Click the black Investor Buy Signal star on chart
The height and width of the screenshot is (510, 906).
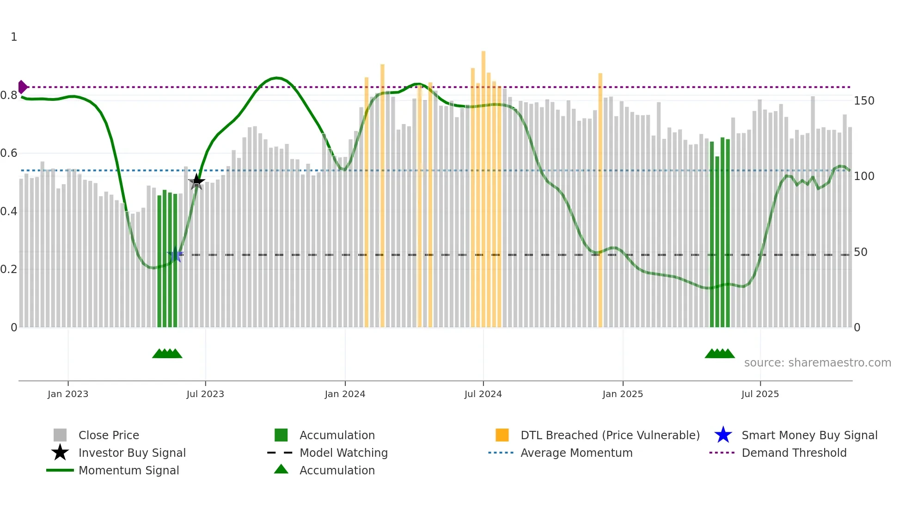[x=196, y=181]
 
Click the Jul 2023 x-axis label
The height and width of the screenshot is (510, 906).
[x=205, y=394]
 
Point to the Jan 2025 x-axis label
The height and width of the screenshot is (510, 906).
[x=623, y=394]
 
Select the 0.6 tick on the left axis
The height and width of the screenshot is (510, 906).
[x=8, y=153]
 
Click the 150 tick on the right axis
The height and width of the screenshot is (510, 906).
[x=863, y=101]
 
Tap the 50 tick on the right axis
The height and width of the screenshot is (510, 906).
[x=860, y=252]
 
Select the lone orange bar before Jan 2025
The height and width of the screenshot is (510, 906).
[x=600, y=199]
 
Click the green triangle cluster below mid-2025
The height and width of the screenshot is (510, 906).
[x=719, y=354]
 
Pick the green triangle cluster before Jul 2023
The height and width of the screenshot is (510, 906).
[x=167, y=354]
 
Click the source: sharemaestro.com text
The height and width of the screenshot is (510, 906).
[x=817, y=363]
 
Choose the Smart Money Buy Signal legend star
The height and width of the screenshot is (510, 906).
[x=723, y=435]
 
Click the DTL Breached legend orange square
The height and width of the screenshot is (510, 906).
[x=502, y=435]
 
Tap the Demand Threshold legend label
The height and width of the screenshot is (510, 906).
[x=794, y=453]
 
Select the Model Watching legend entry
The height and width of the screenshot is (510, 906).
[x=343, y=453]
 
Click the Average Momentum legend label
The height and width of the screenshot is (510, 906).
[x=576, y=453]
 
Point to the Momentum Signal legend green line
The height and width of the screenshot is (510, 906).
[x=60, y=470]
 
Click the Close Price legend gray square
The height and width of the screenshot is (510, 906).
[x=60, y=435]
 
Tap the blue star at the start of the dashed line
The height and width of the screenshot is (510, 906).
[x=175, y=255]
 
